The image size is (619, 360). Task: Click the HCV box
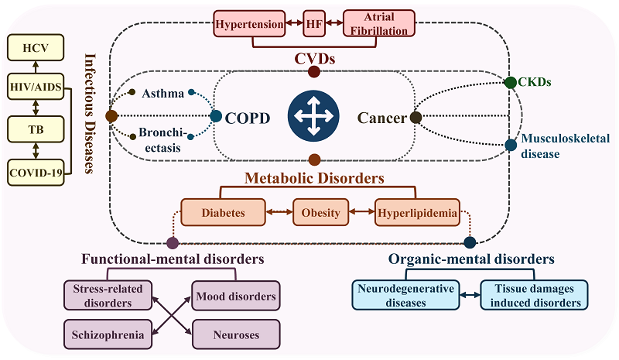pos(37,47)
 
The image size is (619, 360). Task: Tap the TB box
pos(37,129)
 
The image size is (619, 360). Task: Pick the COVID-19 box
pos(37,170)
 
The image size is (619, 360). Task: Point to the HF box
pos(313,23)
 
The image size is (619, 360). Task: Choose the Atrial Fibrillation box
pos(378,24)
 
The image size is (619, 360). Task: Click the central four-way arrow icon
pos(313,117)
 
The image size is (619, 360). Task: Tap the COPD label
pos(248,118)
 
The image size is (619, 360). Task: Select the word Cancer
pos(381,118)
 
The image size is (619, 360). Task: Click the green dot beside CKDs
pos(511,82)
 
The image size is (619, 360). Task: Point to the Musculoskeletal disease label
pos(551,146)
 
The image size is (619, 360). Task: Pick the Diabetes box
pos(224,211)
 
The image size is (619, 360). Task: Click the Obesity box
pos(320,211)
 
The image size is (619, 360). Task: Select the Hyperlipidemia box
pos(417,211)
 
